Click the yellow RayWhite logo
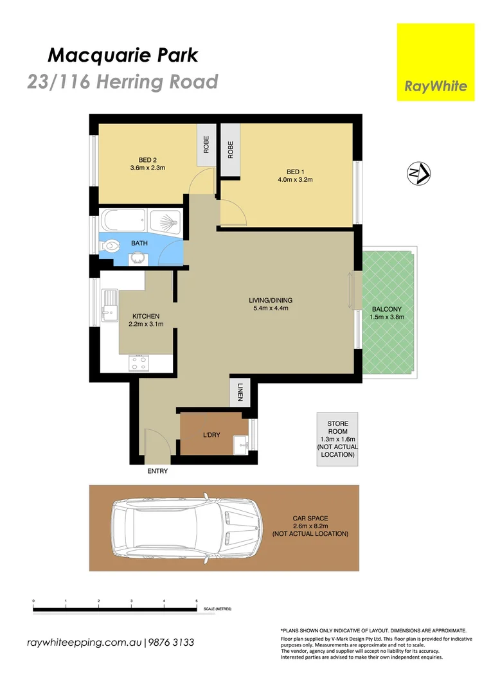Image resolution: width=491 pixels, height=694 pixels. pos(435,62)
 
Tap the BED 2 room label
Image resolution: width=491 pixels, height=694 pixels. pos(148,160)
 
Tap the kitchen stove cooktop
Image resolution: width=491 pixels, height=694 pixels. pos(139,362)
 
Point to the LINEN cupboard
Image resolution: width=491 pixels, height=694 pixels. pos(240,392)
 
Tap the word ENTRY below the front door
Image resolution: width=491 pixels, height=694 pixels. pos(157,471)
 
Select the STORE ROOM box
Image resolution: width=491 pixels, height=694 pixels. pos(337,439)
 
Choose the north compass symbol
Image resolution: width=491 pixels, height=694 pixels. pos(418,172)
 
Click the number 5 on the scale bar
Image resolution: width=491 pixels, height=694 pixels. pos(197,600)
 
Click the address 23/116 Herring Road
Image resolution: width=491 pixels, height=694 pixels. pos(123,82)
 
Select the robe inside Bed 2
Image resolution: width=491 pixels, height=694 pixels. pos(206,145)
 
